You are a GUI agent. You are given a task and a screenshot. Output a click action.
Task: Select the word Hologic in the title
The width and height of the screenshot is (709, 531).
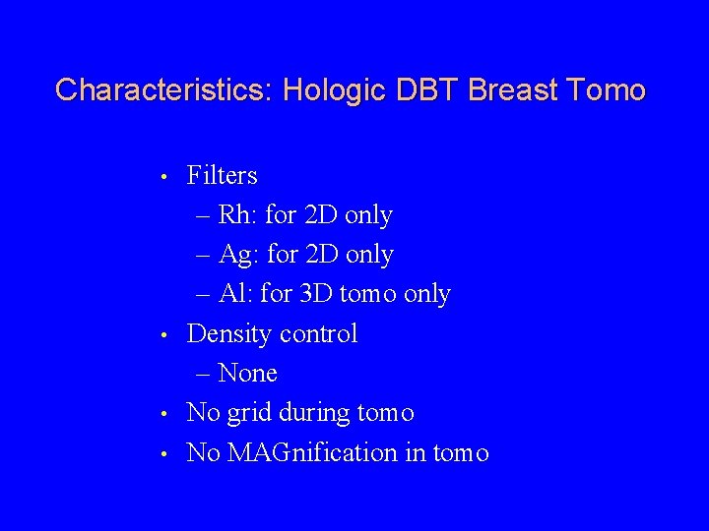pos(336,90)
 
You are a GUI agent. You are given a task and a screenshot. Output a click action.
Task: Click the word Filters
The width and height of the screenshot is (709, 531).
pos(222,176)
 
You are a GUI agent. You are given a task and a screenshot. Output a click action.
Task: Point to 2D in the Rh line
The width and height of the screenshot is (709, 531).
pos(322,215)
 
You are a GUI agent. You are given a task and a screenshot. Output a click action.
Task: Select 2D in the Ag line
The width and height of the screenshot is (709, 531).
pos(323,255)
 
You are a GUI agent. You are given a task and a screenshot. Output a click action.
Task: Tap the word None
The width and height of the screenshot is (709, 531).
pos(247,374)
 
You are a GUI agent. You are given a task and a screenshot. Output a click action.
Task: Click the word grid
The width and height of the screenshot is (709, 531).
pos(249,414)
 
